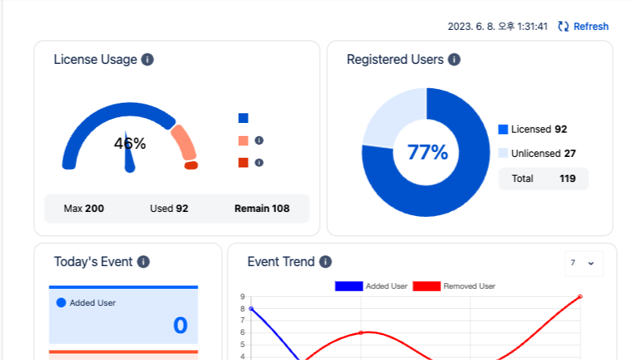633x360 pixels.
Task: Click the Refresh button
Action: [584, 27]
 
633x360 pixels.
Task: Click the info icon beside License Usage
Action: [147, 59]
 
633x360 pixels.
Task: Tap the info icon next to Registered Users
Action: [454, 59]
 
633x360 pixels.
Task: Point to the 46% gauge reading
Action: [130, 144]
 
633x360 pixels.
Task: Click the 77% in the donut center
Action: [427, 152]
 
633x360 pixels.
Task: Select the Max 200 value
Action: [84, 209]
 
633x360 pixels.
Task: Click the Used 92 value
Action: [169, 209]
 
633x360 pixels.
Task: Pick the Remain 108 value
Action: [261, 209]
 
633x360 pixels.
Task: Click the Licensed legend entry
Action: [533, 129]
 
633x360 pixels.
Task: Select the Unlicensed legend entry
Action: [537, 154]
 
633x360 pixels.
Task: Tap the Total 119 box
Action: [543, 179]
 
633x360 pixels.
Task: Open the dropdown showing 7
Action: [583, 263]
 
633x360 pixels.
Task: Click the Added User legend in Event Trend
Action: [372, 286]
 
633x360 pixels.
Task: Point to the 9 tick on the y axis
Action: [242, 297]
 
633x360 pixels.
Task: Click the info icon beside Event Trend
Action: [325, 261]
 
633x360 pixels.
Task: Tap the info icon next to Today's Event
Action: [143, 261]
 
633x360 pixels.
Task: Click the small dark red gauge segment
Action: [191, 165]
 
